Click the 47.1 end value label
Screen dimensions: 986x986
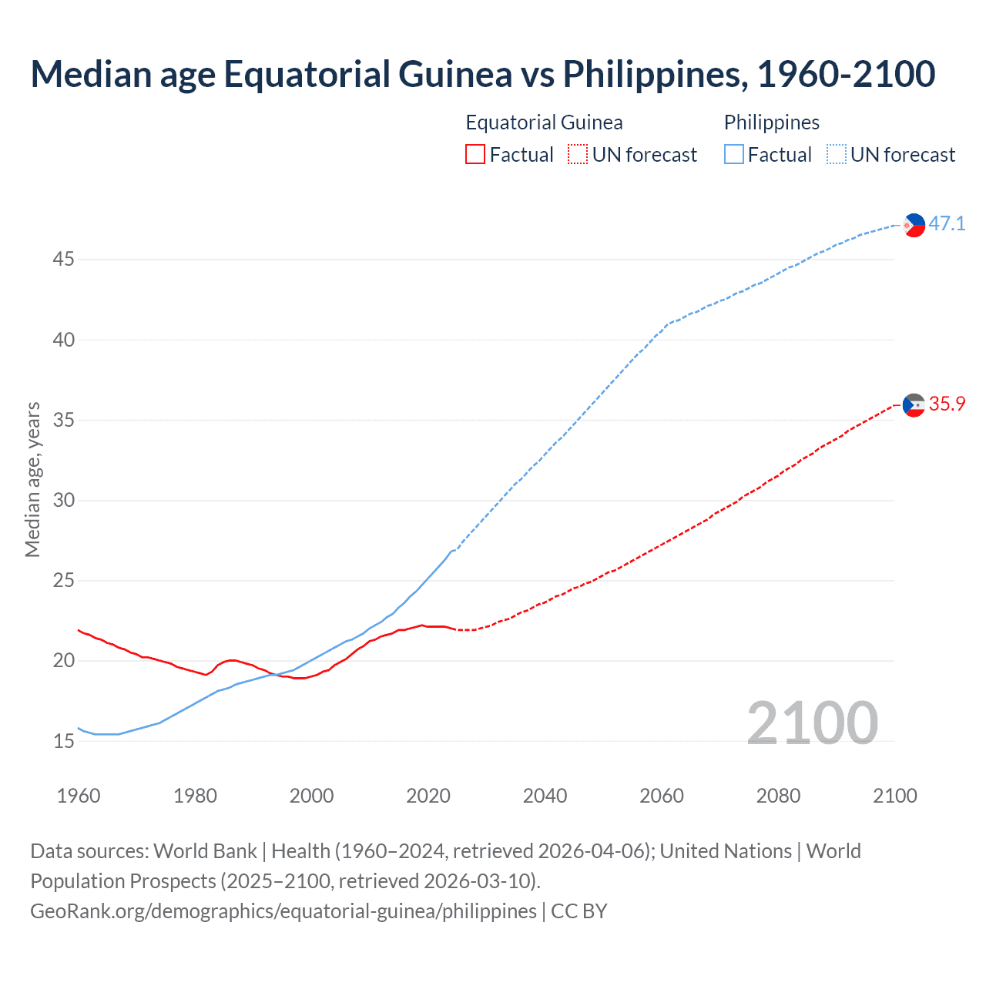(947, 224)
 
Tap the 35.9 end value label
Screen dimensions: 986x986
(947, 404)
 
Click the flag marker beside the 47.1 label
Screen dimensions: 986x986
(914, 225)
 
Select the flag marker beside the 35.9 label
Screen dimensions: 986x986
(914, 405)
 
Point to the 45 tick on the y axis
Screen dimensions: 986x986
(63, 260)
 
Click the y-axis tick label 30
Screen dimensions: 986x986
(63, 501)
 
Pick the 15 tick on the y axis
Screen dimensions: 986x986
(63, 742)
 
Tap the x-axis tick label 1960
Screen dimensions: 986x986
(79, 796)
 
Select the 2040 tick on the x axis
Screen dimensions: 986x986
(545, 796)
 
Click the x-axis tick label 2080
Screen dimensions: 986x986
(778, 796)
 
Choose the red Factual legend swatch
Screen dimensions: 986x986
(475, 155)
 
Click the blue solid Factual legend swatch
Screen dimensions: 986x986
(733, 155)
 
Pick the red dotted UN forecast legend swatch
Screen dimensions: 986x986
(578, 155)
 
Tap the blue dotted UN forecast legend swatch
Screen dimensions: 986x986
(836, 155)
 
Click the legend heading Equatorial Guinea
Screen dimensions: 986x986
(544, 122)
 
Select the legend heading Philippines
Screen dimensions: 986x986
(771, 122)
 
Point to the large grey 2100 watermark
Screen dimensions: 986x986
(812, 723)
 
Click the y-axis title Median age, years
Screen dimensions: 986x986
(32, 479)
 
